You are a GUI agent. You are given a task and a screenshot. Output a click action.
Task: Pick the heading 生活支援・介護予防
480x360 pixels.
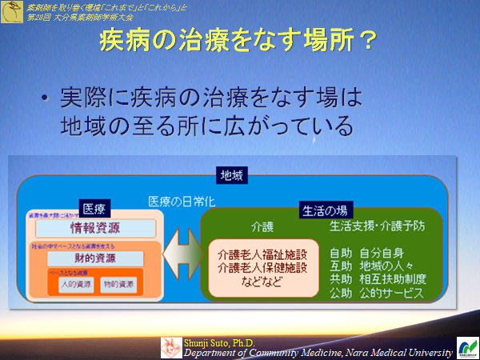pyautogui.click(x=378, y=226)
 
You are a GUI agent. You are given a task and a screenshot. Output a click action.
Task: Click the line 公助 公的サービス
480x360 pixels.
pyautogui.click(x=378, y=294)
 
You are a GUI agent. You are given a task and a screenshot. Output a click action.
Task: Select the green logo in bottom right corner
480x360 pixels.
pyautogui.click(x=466, y=347)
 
